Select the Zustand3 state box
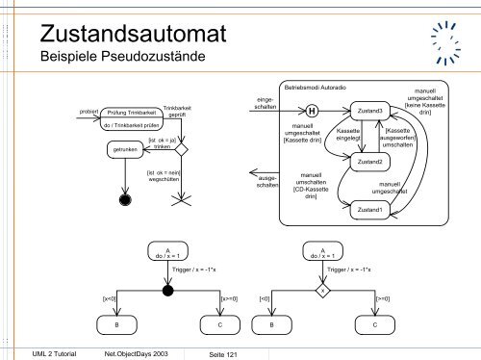coord(369,112)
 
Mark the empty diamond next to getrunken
coord(181,150)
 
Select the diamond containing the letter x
coord(324,290)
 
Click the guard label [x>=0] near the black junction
coord(230,299)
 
